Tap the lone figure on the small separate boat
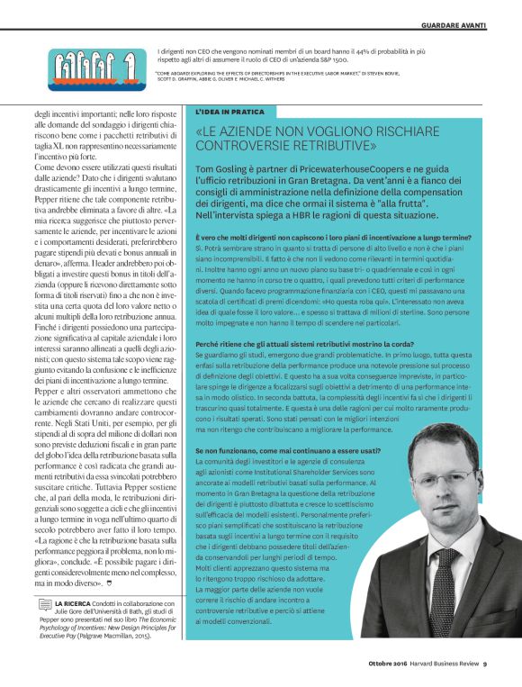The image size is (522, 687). click(130, 65)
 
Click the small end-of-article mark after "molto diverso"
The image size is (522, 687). click(110, 583)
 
